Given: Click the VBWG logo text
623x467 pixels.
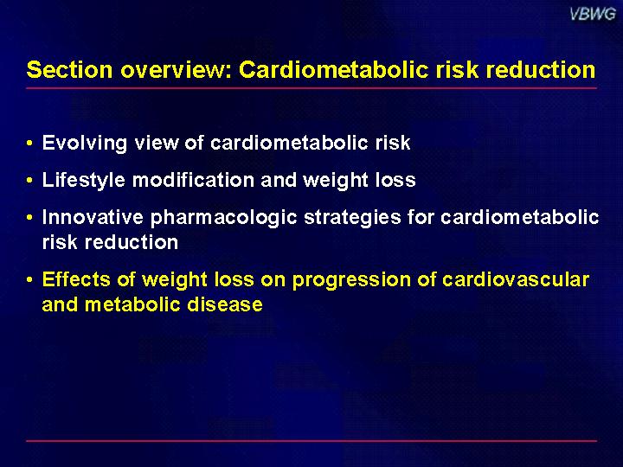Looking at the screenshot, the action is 593,14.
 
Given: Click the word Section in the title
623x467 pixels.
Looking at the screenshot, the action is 69,69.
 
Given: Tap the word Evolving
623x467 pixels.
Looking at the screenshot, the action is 84,144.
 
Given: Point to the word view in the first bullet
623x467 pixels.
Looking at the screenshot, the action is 157,143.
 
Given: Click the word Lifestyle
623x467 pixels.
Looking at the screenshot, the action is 83,180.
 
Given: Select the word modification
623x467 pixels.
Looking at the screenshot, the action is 193,180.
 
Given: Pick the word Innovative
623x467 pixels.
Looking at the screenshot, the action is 93,217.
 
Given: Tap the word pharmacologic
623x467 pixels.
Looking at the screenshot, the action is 223,218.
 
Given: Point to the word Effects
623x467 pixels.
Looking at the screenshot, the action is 75,279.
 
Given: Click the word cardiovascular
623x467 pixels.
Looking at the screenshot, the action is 516,279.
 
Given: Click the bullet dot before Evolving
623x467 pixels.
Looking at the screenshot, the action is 29,143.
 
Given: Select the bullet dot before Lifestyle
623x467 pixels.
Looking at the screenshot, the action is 29,180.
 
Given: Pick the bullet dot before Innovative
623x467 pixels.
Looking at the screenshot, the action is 29,218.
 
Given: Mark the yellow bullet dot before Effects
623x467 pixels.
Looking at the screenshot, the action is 29,279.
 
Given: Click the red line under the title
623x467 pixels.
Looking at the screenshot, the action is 311,88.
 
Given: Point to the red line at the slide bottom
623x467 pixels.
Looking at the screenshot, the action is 311,441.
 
